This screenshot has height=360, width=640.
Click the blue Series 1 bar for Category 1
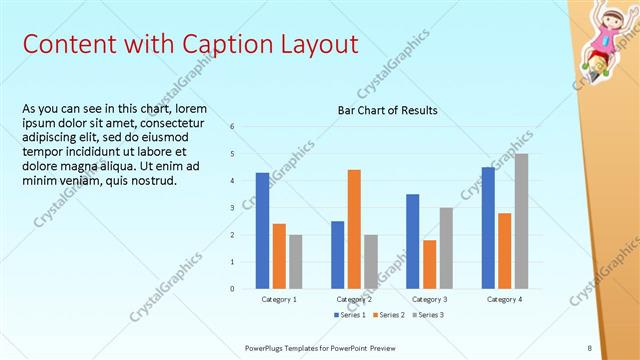tap(262, 231)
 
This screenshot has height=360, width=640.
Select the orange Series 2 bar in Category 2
tap(354, 229)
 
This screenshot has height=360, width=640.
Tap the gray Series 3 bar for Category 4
tap(522, 221)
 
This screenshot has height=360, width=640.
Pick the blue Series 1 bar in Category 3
tap(412, 241)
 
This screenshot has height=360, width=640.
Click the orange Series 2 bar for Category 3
tap(429, 264)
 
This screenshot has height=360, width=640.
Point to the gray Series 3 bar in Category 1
tap(295, 262)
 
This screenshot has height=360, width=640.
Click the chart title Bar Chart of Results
tap(388, 110)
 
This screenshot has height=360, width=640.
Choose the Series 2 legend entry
tap(388, 315)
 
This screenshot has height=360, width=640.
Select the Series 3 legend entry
tap(429, 315)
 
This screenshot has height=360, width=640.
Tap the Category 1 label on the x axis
tap(279, 299)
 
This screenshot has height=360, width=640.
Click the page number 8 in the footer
tap(590, 347)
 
